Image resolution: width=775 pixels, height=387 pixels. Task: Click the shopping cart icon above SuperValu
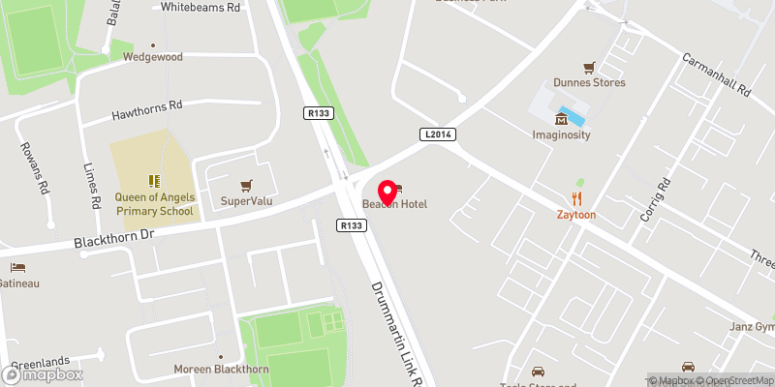[246, 185]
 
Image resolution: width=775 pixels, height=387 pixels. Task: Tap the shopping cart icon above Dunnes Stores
[587, 67]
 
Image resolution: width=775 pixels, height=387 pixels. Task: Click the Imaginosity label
[560, 134]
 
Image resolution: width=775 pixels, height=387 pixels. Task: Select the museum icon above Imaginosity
[560, 119]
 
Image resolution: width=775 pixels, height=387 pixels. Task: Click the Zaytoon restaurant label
[575, 215]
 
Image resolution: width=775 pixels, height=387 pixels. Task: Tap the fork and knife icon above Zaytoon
[575, 198]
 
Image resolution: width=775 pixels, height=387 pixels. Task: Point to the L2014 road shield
[438, 134]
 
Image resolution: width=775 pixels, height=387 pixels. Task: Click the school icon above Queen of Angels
[153, 180]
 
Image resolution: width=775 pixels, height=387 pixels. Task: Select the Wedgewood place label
[152, 57]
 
